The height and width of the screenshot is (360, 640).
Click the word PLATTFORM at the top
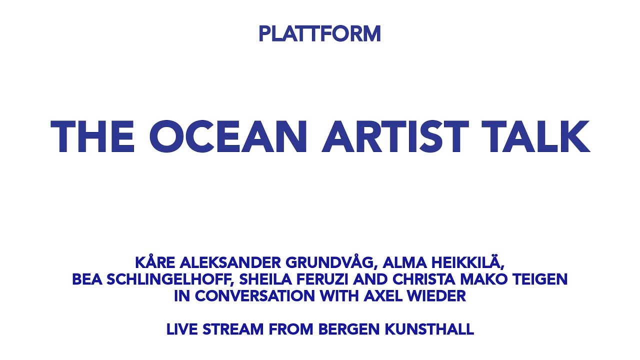319,34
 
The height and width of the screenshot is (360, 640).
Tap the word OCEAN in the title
227,137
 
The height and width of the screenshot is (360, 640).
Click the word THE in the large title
93,137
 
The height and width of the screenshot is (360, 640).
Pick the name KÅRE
155,262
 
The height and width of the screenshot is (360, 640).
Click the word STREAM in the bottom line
236,330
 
